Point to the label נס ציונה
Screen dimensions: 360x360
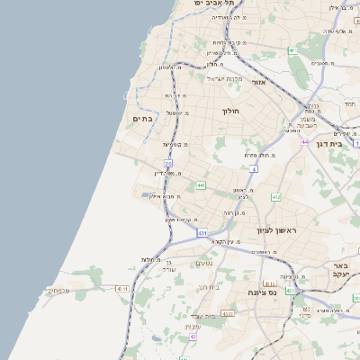tap(261, 292)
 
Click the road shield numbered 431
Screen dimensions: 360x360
tap(202, 232)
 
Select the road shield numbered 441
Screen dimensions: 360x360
tap(201, 185)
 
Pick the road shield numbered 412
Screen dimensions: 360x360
tap(276, 196)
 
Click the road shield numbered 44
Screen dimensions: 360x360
tap(306, 141)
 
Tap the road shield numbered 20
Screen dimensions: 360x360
tap(168, 163)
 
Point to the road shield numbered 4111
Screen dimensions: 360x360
tap(121, 288)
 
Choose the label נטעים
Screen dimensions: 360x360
tap(204, 263)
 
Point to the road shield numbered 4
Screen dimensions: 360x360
tap(255, 168)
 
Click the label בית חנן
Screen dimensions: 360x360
tap(209, 287)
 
